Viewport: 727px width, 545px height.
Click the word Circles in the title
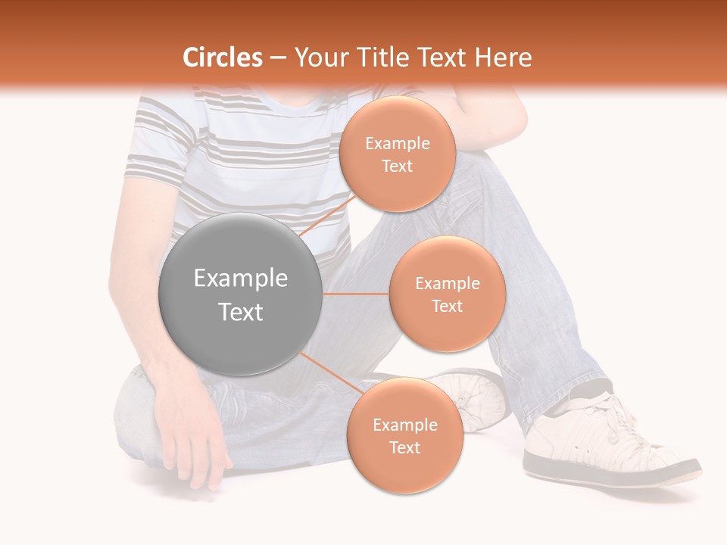point(223,58)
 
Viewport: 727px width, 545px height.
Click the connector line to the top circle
point(327,216)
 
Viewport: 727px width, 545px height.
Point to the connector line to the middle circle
point(356,294)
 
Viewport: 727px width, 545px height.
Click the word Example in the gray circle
point(241,279)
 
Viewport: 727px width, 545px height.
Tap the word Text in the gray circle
point(241,312)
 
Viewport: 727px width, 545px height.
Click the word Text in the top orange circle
point(398,166)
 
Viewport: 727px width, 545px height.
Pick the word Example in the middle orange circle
point(448,284)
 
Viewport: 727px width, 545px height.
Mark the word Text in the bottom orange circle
point(405,447)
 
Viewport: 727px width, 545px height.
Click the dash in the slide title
point(278,58)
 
